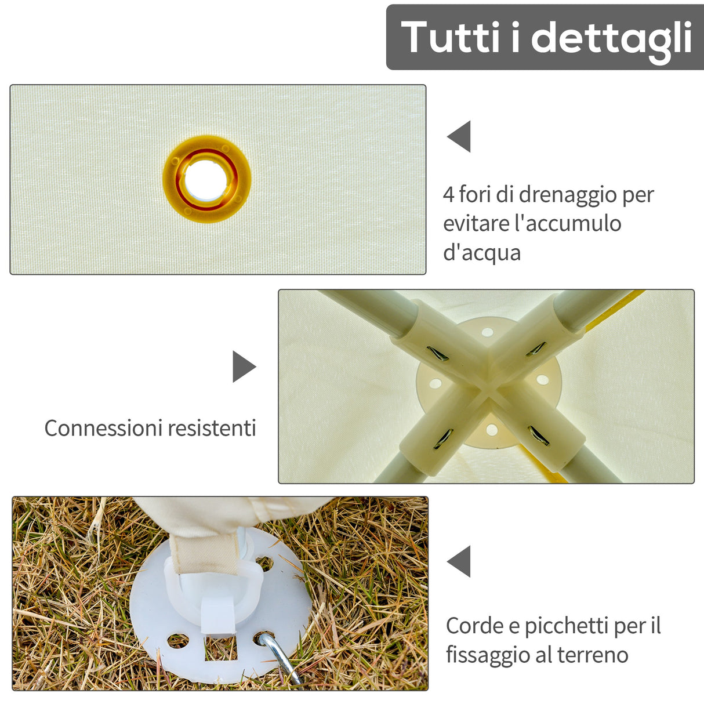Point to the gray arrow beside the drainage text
click(x=459, y=137)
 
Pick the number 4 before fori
click(x=449, y=194)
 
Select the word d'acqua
click(x=482, y=253)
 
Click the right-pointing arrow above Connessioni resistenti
click(x=244, y=366)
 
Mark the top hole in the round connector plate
click(x=487, y=332)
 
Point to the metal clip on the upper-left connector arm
click(x=437, y=353)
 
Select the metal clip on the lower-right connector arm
click(x=538, y=435)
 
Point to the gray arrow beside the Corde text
click(x=459, y=561)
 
